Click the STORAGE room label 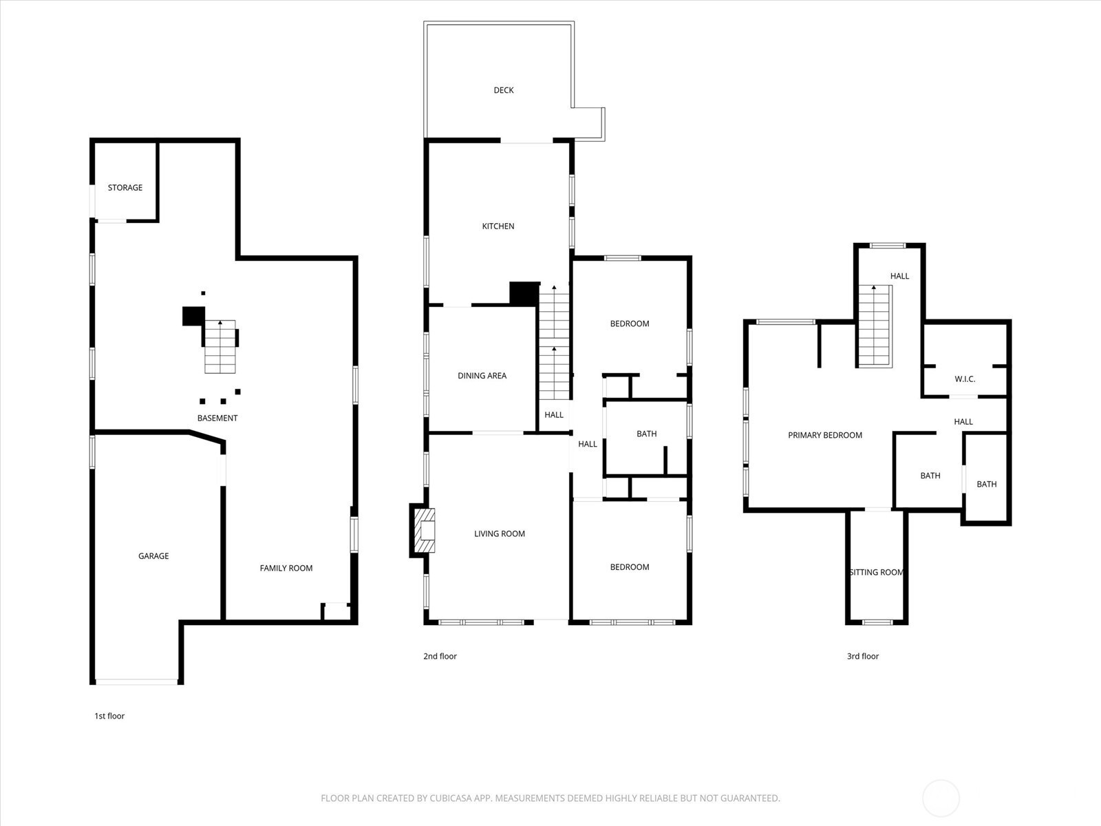tap(125, 187)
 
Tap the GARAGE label tap(153, 555)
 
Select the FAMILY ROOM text tap(286, 568)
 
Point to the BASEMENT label tap(217, 418)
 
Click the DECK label tap(504, 90)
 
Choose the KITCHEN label tap(498, 226)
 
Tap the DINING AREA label tap(482, 376)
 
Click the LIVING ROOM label tap(500, 533)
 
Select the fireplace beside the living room tap(423, 531)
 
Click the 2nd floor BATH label tap(647, 434)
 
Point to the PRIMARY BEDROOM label tap(825, 435)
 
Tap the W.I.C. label tap(965, 379)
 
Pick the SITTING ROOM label tap(876, 572)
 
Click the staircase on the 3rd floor tap(875, 326)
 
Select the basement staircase tap(220, 346)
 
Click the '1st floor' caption tap(109, 716)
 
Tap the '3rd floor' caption tap(863, 656)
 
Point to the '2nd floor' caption tap(440, 656)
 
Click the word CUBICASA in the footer tap(449, 798)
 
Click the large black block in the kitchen tap(524, 293)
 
